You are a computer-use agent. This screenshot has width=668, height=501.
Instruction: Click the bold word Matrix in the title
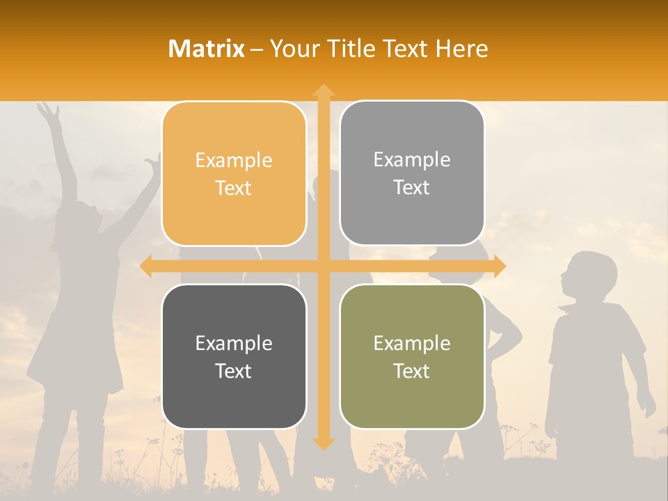click(x=207, y=49)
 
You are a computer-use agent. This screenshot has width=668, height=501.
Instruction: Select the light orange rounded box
click(x=234, y=174)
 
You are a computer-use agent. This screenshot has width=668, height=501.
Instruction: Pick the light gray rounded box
click(x=412, y=173)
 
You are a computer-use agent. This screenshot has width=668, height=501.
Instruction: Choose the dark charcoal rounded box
click(x=234, y=356)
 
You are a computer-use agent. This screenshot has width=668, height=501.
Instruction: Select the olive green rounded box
click(x=412, y=356)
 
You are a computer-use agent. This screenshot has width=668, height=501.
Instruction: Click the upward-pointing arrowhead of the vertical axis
click(x=323, y=90)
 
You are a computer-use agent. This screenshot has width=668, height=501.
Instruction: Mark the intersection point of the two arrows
click(x=323, y=267)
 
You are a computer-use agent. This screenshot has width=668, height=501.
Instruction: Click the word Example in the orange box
click(x=234, y=161)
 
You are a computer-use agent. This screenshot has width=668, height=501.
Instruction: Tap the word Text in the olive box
click(x=412, y=371)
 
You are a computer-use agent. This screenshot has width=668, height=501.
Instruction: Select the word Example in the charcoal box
click(x=234, y=343)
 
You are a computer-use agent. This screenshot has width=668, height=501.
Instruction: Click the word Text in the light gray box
click(x=412, y=187)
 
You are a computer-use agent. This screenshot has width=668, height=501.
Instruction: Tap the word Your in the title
click(x=292, y=49)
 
